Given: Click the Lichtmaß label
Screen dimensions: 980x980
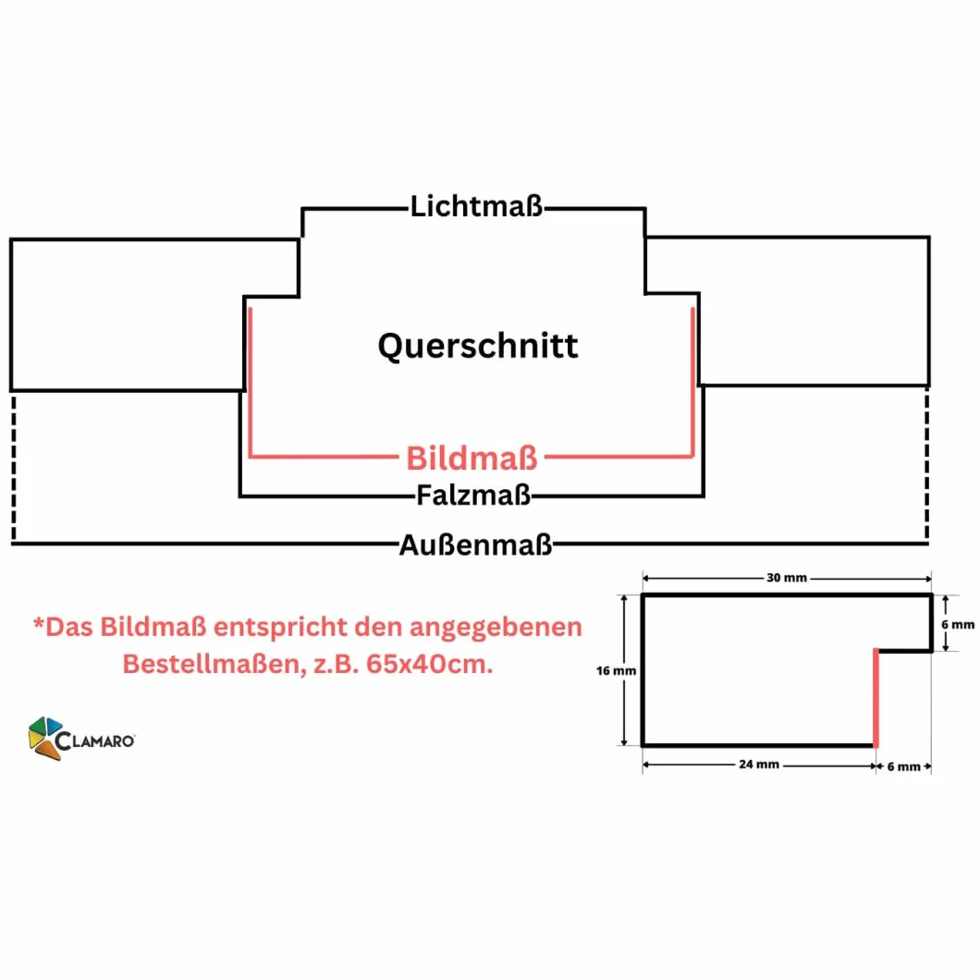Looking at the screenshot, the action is tap(476, 207).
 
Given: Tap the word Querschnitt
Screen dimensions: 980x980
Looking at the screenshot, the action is tap(478, 346).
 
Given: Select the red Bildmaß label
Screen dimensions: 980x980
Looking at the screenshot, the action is tap(472, 459).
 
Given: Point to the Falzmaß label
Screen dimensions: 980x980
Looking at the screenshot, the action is tap(473, 496).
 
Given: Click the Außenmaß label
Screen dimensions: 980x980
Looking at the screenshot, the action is tap(475, 545).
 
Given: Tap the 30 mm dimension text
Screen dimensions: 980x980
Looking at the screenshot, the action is tap(787, 578).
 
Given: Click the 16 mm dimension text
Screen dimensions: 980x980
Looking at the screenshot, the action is tap(617, 670).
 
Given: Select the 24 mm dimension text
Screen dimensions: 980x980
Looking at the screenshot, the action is tap(759, 765).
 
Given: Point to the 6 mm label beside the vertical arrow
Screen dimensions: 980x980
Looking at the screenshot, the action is tap(958, 624).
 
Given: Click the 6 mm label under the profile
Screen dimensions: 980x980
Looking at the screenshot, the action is tap(904, 766).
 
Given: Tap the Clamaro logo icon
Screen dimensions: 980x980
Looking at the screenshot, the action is tap(45, 738).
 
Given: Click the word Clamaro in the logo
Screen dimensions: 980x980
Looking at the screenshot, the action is tap(95, 741).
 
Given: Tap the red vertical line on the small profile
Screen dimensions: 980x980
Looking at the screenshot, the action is tap(876, 698).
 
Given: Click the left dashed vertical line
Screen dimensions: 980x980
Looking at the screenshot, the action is tap(14, 466).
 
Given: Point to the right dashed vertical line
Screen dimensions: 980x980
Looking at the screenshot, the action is tap(927, 463).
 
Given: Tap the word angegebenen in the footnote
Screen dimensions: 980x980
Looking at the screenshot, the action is tap(496, 628).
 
